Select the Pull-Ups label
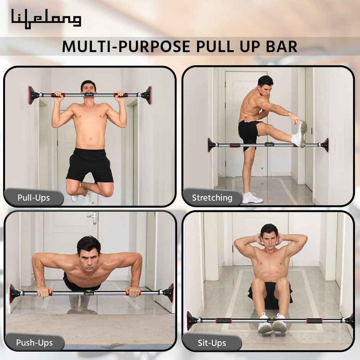(34, 198)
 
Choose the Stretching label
(212, 198)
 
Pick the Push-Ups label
(34, 342)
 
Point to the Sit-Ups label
(212, 342)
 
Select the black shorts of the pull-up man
(90, 165)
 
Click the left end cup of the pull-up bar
(33, 95)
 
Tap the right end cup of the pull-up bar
(147, 95)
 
